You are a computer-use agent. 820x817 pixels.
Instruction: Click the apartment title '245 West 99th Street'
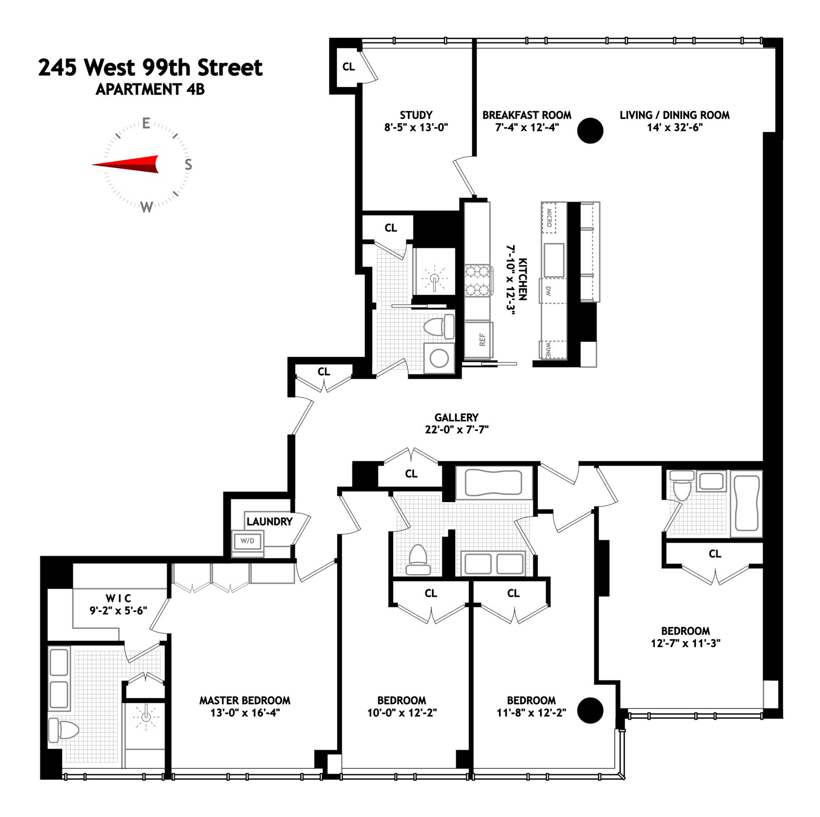150,68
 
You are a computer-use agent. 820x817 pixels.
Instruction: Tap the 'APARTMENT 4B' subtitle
150,89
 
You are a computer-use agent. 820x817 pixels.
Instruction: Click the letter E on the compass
146,123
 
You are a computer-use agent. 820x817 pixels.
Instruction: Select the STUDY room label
416,115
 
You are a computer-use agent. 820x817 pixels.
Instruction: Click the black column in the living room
590,130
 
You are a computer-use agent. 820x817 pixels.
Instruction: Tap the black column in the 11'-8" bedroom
590,710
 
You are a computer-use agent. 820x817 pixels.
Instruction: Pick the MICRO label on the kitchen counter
549,218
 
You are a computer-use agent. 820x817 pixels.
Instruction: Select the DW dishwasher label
548,290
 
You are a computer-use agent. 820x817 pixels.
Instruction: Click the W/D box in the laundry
248,541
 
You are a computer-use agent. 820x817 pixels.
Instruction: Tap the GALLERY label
456,417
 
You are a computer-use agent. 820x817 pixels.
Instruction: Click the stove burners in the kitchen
478,281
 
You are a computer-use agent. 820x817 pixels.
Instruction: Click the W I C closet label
118,598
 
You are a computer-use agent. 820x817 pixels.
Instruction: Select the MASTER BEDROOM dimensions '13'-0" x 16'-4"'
244,713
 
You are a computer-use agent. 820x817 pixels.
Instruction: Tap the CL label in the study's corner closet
348,67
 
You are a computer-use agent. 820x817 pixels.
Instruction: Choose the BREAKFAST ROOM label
526,115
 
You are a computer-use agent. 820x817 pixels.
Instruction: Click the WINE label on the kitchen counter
547,349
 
